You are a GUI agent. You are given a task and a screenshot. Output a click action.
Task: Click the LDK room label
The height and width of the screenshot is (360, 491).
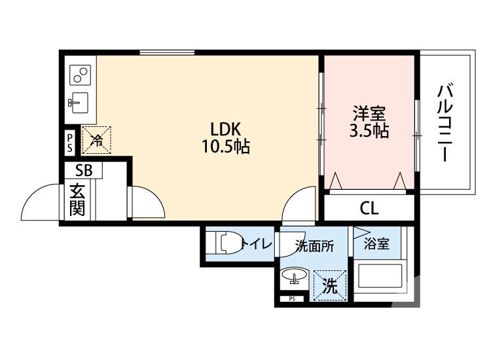225,129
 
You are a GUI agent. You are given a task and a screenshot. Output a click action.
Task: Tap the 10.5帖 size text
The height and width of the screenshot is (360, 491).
225,146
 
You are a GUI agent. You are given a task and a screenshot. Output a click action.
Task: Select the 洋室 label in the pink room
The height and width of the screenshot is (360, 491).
369,113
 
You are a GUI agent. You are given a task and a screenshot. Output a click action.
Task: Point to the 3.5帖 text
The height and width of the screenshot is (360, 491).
369,130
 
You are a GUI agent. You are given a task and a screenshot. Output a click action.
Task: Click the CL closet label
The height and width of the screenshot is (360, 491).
369,208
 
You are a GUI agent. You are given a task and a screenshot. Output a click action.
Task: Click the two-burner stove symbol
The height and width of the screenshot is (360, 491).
80,75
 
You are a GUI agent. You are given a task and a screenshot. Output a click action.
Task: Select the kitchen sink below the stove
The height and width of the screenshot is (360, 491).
79,102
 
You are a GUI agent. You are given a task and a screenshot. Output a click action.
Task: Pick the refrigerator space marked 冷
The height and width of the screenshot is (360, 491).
96,140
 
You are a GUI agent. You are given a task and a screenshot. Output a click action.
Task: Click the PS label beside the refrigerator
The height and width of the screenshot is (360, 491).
70,143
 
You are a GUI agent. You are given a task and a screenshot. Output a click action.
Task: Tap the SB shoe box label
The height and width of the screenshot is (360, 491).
84,171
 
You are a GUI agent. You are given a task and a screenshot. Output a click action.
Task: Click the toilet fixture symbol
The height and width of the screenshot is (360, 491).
228,243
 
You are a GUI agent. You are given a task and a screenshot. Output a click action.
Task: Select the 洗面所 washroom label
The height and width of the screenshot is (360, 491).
315,246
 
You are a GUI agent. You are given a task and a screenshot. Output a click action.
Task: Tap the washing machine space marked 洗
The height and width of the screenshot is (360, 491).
330,285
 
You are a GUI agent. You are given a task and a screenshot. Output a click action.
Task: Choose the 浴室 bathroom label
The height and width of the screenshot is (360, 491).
376,243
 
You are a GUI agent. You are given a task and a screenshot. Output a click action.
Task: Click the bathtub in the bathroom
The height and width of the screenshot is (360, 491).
380,276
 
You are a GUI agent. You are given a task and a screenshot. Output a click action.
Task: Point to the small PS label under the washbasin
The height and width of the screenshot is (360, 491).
292,298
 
